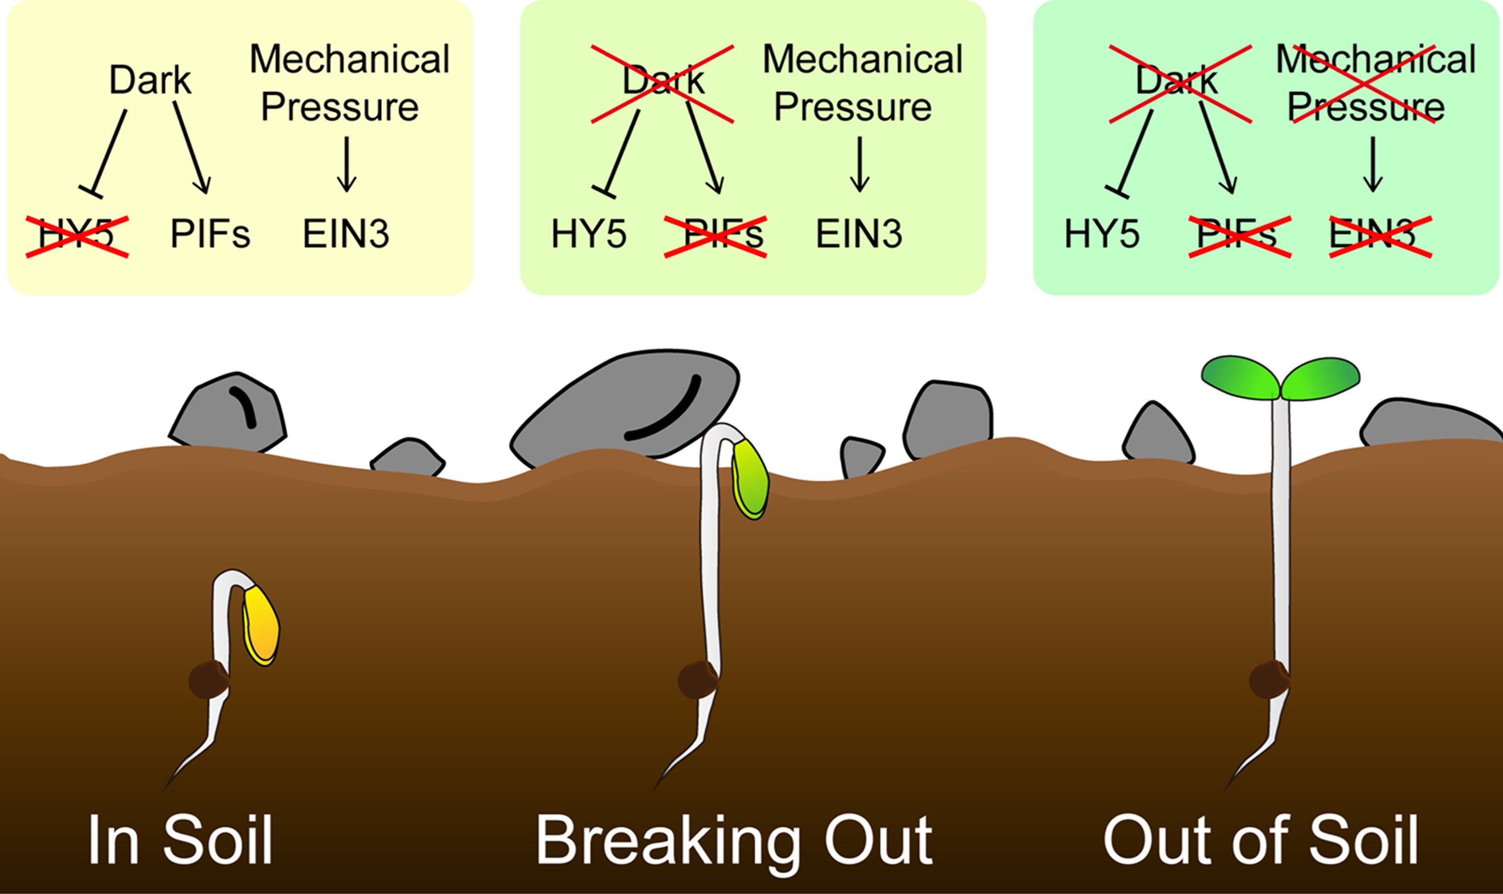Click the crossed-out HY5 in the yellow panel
tap(77, 236)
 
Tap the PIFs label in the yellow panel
tap(210, 235)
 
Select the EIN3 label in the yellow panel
tap(346, 235)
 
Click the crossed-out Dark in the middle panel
tap(663, 81)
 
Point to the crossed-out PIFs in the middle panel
tap(716, 236)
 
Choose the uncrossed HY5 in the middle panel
tap(589, 235)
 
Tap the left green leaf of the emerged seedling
tap(1240, 377)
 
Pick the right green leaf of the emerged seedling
tap(1319, 378)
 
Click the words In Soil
tap(181, 840)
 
